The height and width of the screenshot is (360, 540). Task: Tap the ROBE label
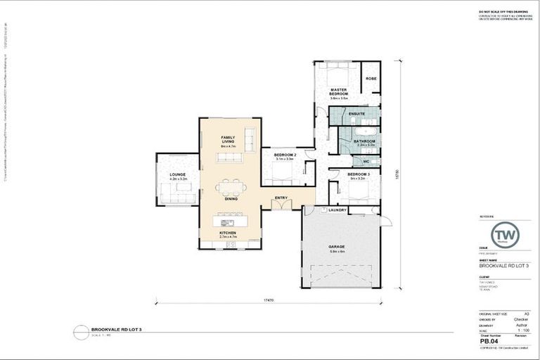pos(371,79)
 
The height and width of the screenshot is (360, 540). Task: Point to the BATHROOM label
pos(364,141)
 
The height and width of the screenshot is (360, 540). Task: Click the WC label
pos(366,161)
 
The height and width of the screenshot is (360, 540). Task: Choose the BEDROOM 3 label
pos(358,174)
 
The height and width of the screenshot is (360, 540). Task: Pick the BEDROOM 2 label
pos(284,155)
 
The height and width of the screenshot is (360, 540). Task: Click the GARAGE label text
pos(336,247)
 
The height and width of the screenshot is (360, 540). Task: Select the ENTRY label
pos(281,198)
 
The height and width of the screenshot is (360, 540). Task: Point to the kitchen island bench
pos(231,220)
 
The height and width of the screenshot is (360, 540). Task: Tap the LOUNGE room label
pos(176,175)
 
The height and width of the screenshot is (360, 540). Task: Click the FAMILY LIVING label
pos(228,139)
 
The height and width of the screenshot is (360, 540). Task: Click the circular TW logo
pos(505,235)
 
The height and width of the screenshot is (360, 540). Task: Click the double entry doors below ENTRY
pos(281,205)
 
